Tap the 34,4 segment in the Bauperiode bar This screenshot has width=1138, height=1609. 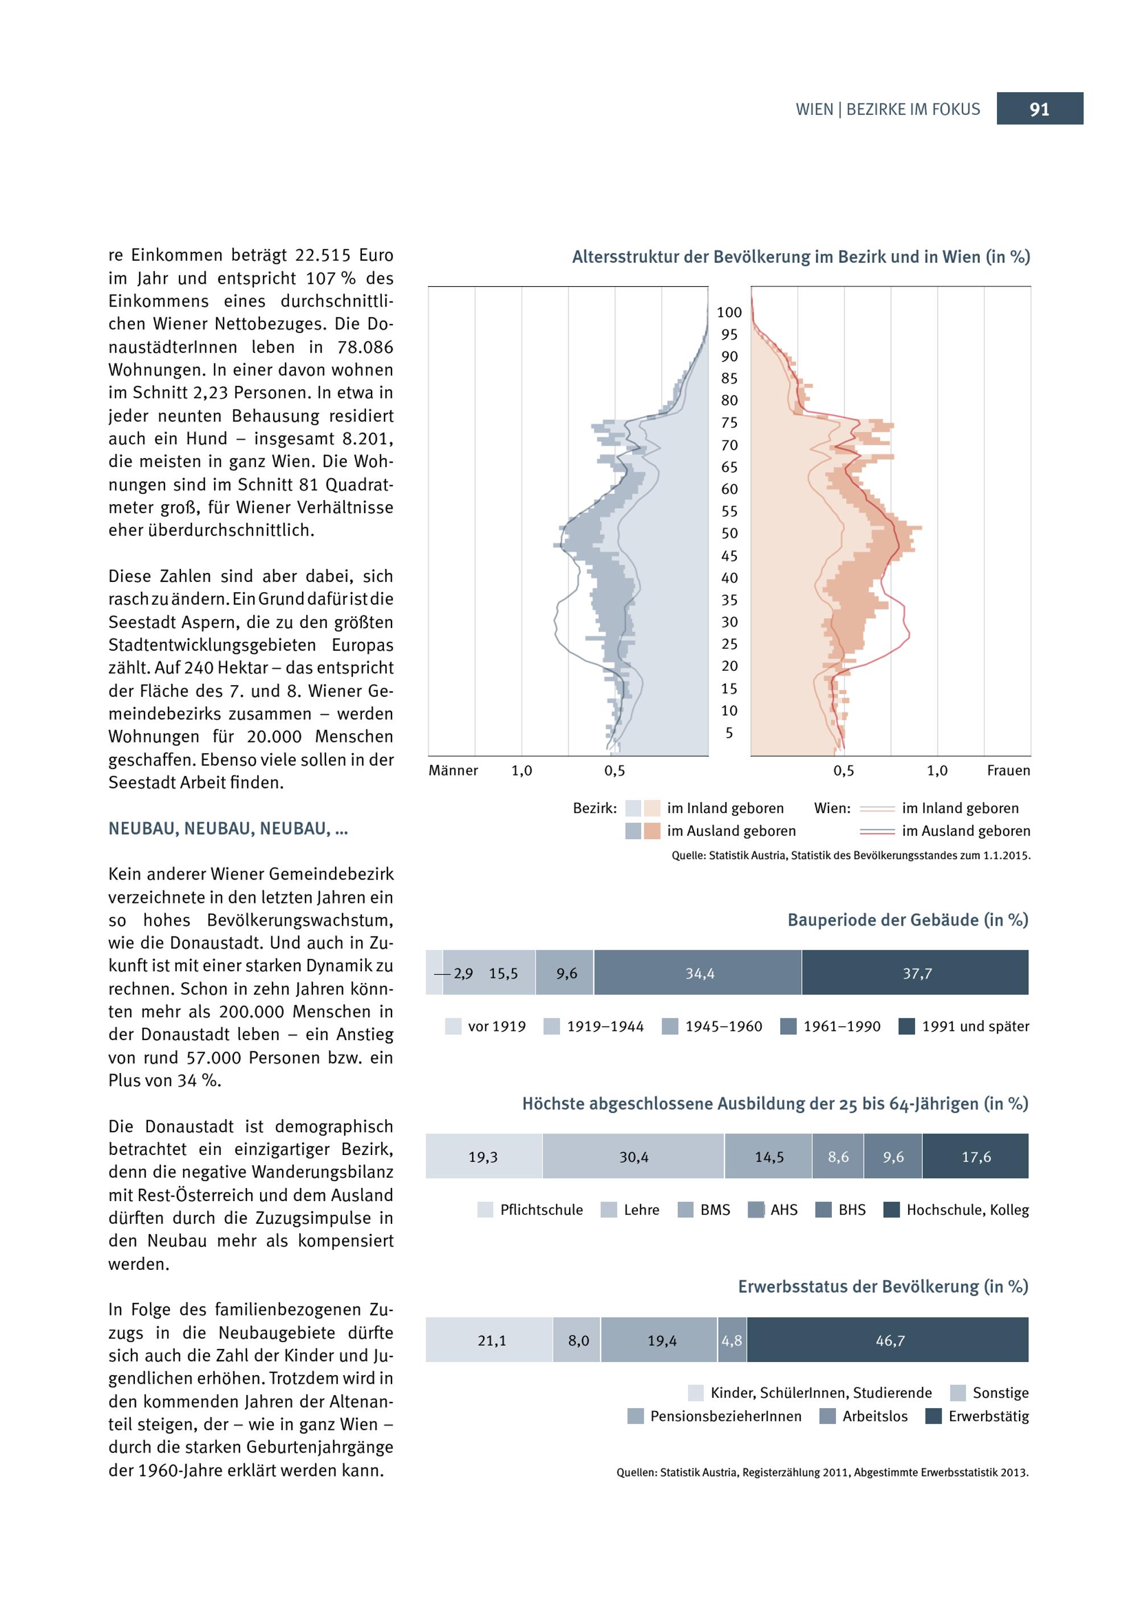pos(698,973)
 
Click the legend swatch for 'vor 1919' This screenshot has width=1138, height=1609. pos(453,1026)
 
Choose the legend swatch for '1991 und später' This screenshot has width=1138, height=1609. pos(907,1026)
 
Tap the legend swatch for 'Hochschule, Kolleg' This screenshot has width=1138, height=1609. pos(892,1210)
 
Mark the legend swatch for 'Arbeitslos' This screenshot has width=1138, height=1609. pos(827,1416)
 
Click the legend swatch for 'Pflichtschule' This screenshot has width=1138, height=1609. pos(485,1210)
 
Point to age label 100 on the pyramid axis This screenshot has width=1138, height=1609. pos(729,312)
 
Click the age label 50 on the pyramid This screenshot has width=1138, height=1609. pos(729,533)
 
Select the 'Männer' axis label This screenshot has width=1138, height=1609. pos(453,771)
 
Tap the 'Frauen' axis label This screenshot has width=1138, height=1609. pos(1008,771)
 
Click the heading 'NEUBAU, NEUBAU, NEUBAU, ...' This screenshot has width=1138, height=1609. pos(228,829)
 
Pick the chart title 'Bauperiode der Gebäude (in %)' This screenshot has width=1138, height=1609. pos(908,920)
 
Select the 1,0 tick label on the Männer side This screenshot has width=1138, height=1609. pos(521,771)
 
